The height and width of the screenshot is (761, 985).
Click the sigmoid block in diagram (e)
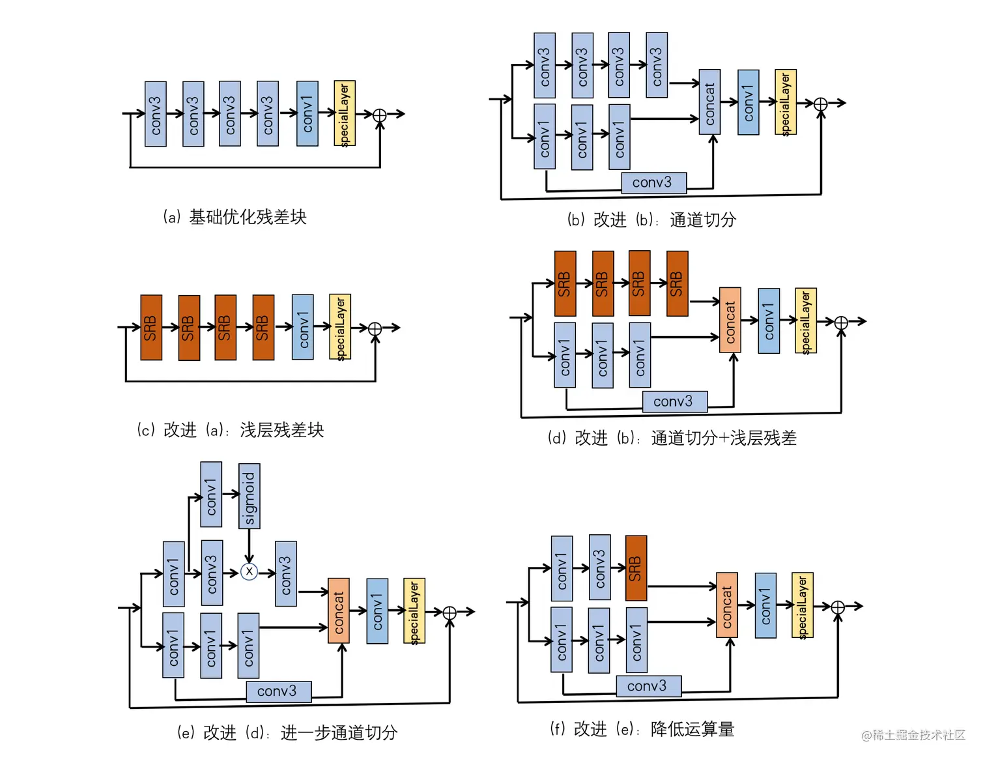(250, 496)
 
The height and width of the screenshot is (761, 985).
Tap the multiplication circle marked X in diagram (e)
(249, 572)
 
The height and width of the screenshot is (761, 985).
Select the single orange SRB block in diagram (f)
(636, 568)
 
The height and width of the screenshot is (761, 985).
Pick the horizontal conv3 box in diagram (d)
(674, 401)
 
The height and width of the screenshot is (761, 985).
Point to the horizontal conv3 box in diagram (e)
(278, 691)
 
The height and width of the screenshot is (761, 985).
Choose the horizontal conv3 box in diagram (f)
(648, 686)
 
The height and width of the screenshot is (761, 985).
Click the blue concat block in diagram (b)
(709, 102)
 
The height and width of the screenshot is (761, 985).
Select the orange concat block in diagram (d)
(730, 321)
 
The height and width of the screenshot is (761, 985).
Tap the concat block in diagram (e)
(339, 611)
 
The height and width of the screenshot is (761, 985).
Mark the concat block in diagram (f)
(727, 605)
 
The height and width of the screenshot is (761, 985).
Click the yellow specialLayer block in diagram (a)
(345, 114)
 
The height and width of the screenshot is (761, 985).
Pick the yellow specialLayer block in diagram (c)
(340, 327)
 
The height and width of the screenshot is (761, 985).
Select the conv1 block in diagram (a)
(307, 114)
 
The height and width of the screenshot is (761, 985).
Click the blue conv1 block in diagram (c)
(303, 327)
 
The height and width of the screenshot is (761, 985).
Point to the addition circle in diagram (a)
(379, 115)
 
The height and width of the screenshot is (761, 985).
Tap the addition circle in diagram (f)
(838, 607)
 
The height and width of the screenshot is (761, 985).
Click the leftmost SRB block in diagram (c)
(151, 328)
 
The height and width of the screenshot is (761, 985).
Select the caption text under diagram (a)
(235, 217)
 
